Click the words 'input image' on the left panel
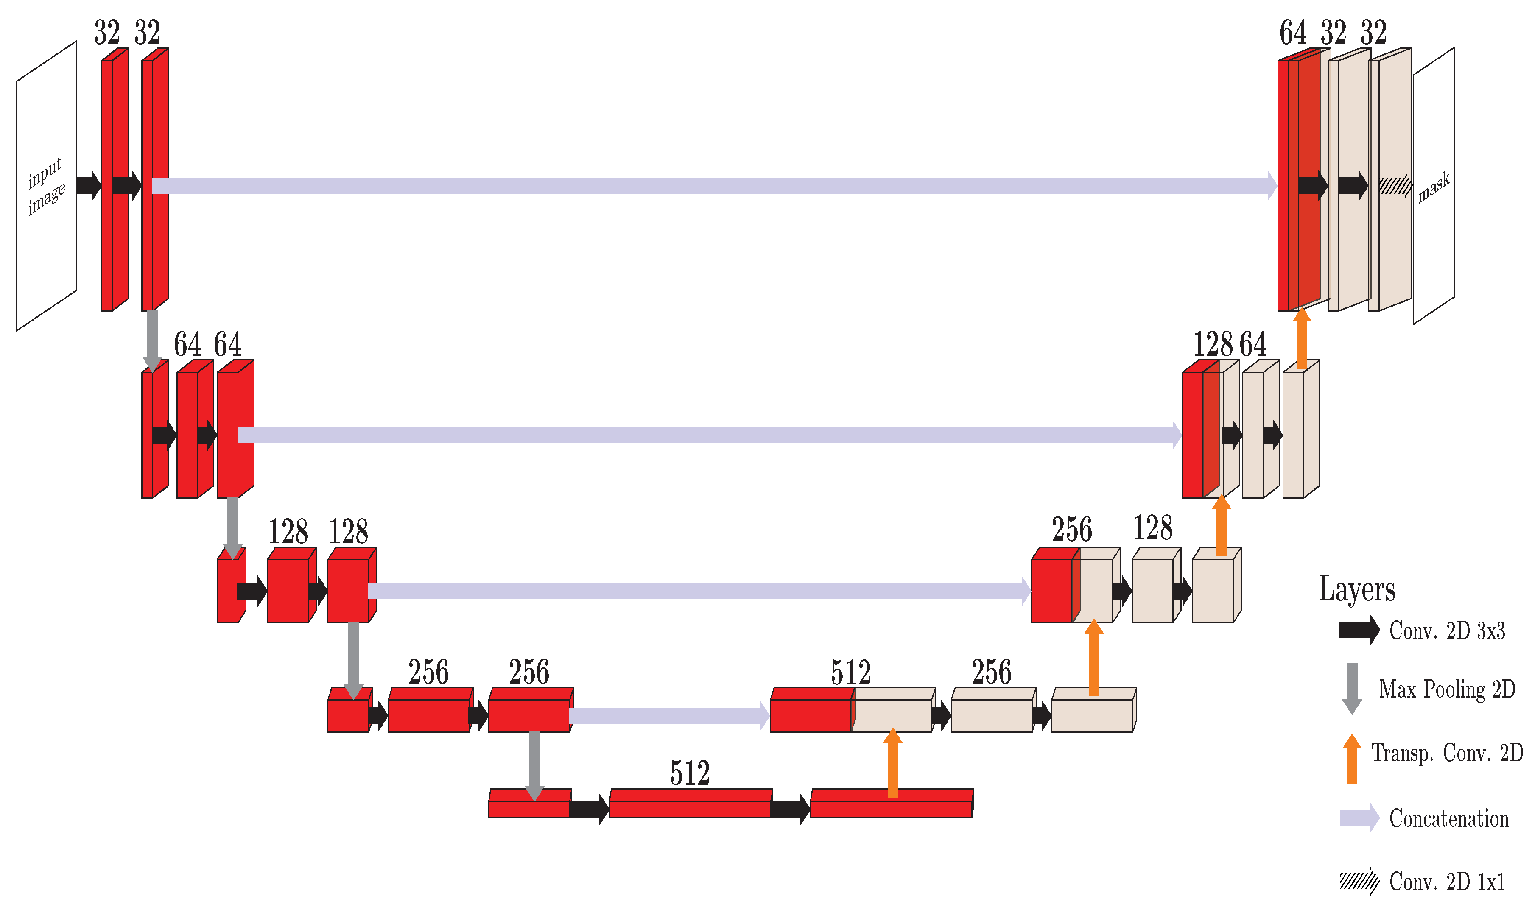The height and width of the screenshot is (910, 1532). pyautogui.click(x=46, y=185)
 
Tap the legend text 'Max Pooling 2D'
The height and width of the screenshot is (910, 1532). pyautogui.click(x=1447, y=689)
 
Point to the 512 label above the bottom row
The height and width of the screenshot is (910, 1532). pyautogui.click(x=690, y=773)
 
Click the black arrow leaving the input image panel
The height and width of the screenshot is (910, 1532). pyautogui.click(x=88, y=185)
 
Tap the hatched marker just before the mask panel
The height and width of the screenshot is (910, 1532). pyautogui.click(x=1395, y=185)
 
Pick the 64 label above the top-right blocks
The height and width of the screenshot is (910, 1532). pyautogui.click(x=1293, y=33)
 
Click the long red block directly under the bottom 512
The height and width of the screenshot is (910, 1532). pyautogui.click(x=690, y=803)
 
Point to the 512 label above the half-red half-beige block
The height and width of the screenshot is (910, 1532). pyautogui.click(x=851, y=672)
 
